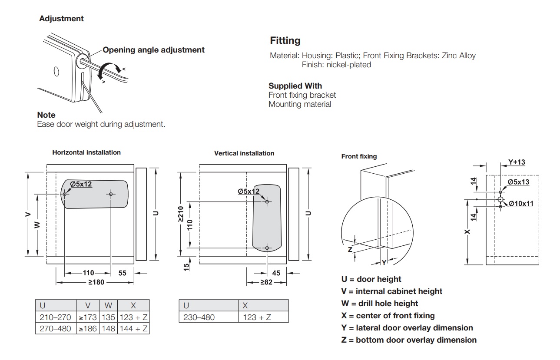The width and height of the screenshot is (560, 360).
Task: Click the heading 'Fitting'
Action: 285,41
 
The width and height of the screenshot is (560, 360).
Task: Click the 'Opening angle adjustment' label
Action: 153,50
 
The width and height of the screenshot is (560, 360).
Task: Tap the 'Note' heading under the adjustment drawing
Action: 46,115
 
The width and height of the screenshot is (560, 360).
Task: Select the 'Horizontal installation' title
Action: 86,152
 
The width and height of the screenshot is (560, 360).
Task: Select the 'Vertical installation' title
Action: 244,153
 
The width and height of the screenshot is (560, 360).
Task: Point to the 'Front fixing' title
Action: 359,156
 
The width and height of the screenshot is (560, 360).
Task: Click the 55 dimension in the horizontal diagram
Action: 122,273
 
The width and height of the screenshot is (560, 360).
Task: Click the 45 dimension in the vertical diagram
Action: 276,273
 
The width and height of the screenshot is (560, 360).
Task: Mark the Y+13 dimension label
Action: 517,162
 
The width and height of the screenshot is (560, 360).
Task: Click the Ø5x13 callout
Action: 518,182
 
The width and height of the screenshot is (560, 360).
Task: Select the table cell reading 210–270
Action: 55,317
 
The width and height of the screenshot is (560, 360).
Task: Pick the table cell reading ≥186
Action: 87,329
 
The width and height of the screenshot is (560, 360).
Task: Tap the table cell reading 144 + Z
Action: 133,329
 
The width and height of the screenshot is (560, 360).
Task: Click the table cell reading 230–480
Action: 199,317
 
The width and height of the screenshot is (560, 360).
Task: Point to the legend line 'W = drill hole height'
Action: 379,304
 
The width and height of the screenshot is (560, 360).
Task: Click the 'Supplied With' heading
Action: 295,86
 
